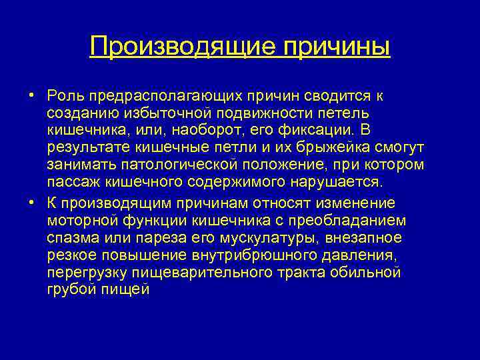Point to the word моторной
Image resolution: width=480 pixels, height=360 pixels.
(79, 221)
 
